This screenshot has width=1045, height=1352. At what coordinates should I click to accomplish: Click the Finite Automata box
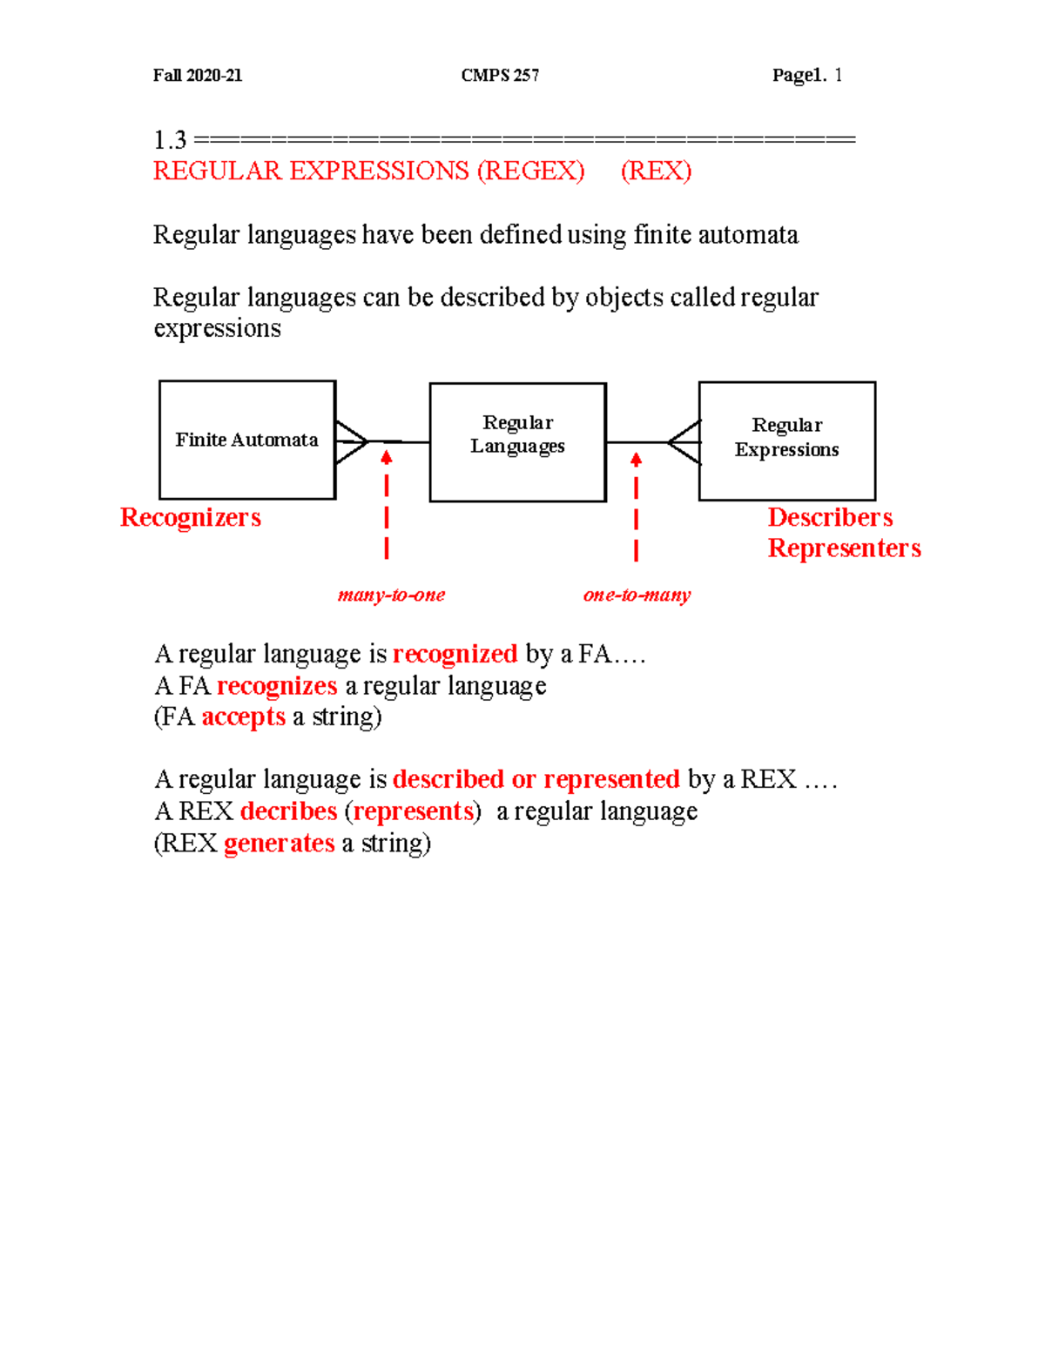tap(247, 440)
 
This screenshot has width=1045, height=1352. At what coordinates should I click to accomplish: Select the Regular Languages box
tap(517, 441)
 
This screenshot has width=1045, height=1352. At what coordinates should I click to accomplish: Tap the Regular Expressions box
tap(786, 441)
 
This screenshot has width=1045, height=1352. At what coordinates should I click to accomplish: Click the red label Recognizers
tap(191, 517)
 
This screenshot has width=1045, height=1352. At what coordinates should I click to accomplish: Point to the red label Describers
tap(830, 517)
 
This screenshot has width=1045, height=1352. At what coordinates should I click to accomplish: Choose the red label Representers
tap(844, 548)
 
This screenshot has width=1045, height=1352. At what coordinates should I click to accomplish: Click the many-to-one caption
tap(391, 595)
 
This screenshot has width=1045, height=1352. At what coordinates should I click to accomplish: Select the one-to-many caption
tap(637, 595)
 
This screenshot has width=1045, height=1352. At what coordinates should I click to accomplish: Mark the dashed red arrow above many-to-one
tap(387, 505)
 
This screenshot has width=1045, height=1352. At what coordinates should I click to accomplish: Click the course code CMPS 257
tap(500, 76)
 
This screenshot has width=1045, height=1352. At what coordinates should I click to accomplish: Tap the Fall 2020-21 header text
tap(198, 76)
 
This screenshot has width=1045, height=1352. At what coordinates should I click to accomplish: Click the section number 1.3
tap(170, 139)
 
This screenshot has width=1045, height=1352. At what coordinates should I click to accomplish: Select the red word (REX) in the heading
tap(656, 171)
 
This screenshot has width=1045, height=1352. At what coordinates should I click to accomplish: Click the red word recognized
tap(455, 654)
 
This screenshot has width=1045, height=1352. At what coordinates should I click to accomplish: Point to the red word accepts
tap(243, 716)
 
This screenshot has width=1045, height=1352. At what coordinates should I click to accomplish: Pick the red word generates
tap(279, 843)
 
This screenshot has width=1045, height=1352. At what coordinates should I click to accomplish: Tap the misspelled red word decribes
tap(288, 811)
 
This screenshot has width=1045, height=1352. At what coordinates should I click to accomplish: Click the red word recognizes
tap(277, 686)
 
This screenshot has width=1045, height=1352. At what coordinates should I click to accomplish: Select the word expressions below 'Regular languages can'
tap(217, 329)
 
